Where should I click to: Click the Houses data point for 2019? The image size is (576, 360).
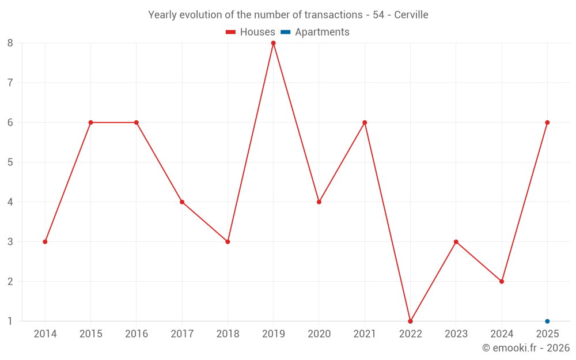pos(273,43)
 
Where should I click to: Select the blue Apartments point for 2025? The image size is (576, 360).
pos(547,321)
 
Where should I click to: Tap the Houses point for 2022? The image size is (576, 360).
pos(410,321)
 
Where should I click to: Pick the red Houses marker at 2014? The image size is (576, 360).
pos(45,242)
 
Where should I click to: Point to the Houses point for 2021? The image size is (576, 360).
pos(365,123)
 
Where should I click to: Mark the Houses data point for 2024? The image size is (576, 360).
pos(502,282)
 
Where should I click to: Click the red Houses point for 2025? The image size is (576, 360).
pos(547,123)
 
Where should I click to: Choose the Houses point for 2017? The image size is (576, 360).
pos(182,202)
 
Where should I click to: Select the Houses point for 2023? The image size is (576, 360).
pos(456,242)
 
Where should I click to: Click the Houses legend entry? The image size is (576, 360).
pos(251,32)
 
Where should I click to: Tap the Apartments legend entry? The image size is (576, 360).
pos(315,32)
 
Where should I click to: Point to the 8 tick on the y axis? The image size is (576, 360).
pos(10,43)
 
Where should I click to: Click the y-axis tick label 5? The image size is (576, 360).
pos(10,162)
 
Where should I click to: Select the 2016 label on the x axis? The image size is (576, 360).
pos(137,334)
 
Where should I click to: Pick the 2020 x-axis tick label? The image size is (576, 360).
pos(319,334)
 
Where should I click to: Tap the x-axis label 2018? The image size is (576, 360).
pos(228,334)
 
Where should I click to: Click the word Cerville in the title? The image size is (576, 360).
pos(411,15)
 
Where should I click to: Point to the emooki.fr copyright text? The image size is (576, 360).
pos(526,347)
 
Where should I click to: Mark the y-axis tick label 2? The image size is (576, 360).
pos(10,282)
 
